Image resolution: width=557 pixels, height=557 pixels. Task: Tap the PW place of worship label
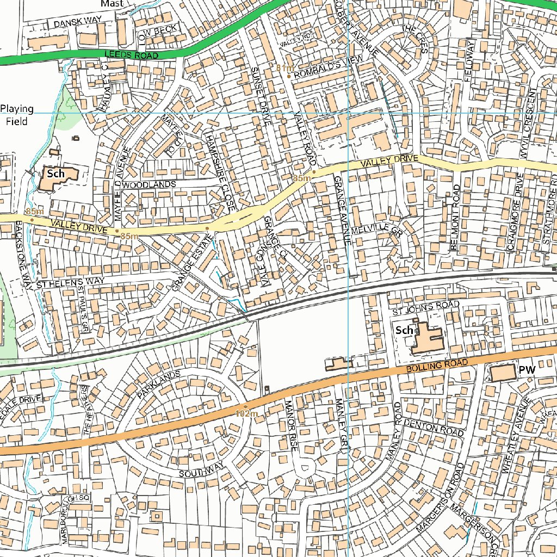(527, 370)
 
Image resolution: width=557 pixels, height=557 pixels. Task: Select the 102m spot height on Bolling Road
(246, 413)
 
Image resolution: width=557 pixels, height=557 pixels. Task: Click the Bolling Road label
(437, 366)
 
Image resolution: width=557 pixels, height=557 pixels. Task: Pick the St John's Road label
(425, 308)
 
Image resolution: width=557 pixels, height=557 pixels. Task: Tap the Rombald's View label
(324, 71)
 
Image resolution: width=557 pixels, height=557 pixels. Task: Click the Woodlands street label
(149, 185)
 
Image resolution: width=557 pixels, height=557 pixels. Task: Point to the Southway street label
(201, 471)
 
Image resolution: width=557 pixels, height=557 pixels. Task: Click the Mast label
(112, 3)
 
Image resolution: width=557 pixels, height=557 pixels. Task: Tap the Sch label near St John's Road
(404, 330)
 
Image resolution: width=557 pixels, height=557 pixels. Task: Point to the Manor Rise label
(291, 425)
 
